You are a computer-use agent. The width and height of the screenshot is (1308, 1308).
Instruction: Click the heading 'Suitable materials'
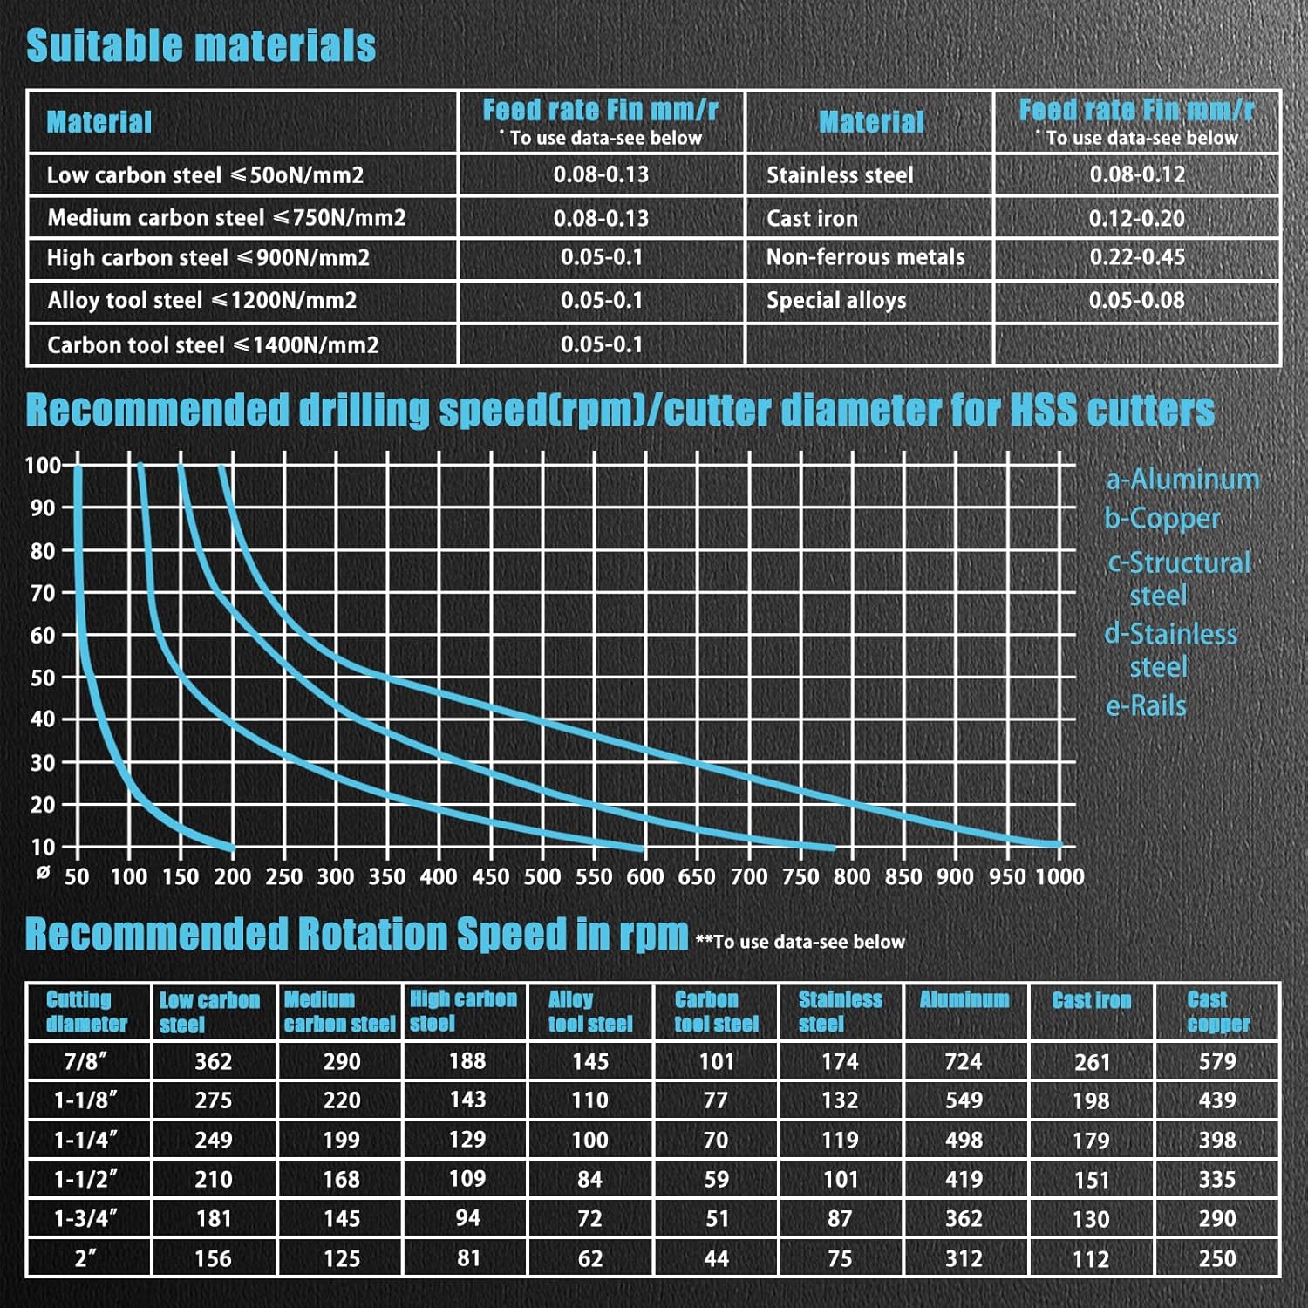201,45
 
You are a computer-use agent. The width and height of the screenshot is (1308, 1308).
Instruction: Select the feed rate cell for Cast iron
1136,218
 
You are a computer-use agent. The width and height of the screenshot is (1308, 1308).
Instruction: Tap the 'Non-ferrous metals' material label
865,257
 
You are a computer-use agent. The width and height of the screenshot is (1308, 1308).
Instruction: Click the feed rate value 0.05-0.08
1136,301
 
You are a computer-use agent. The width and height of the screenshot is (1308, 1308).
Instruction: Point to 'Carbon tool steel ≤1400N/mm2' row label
213,345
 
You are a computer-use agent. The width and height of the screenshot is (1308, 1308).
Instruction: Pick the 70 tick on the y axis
43,593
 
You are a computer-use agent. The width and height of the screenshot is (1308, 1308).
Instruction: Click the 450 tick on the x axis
490,876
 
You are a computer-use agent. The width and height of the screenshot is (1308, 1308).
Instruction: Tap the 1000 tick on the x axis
1059,876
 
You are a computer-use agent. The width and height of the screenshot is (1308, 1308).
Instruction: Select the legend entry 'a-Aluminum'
1182,479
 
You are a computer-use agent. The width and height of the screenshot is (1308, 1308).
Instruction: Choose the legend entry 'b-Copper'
1162,518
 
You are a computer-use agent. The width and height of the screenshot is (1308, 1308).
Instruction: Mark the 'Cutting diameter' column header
86,1012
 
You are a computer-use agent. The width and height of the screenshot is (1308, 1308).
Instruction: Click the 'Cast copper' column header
1217,1012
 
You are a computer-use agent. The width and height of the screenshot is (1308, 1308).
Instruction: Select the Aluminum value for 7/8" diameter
964,1061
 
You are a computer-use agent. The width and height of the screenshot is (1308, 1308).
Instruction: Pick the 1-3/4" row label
85,1218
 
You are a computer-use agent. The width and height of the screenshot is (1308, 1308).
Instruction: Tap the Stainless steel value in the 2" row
840,1258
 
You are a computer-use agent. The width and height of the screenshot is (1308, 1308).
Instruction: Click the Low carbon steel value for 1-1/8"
214,1100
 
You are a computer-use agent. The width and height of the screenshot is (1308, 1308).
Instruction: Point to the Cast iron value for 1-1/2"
1091,1180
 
